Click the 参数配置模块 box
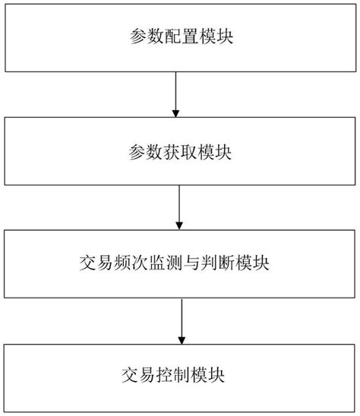[x=179, y=35]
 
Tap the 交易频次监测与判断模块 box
[x=179, y=264]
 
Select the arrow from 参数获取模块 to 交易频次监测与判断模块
[x=179, y=207]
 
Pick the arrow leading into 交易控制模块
[x=179, y=320]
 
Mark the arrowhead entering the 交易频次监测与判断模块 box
[x=179, y=225]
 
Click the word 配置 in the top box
[x=179, y=36]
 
